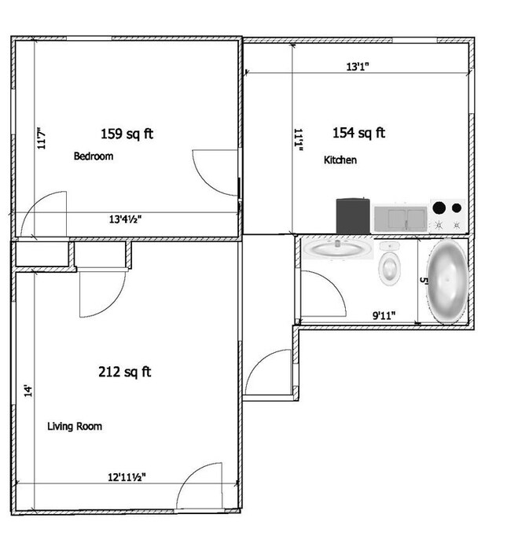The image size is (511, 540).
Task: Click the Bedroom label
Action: point(94,156)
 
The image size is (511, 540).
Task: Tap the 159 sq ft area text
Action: point(127,134)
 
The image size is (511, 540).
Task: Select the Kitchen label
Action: point(340,160)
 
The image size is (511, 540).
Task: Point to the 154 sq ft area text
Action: point(358,133)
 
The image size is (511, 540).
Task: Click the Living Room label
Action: point(75,426)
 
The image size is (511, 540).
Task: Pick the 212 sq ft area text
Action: point(125,372)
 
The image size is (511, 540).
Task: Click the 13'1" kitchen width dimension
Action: point(358,67)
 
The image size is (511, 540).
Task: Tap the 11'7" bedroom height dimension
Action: point(42,138)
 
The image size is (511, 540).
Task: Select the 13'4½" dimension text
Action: point(125,219)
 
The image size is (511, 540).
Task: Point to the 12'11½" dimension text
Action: point(127,477)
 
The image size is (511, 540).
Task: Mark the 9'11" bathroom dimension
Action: point(384,315)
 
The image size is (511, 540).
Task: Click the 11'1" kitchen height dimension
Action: point(298,140)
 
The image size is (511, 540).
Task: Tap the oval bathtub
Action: point(447,281)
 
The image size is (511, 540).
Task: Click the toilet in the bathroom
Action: point(389,263)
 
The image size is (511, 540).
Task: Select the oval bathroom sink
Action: point(337,248)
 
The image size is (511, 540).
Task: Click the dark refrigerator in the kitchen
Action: point(353,216)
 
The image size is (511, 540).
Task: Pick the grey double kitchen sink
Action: point(401,219)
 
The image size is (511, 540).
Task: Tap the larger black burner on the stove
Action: point(439,208)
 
